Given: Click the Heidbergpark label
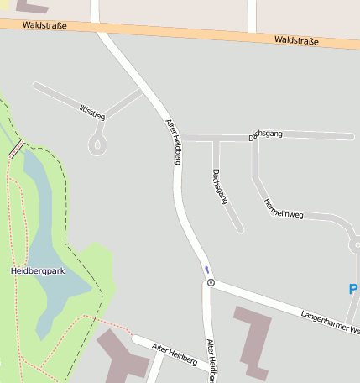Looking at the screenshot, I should (38, 270).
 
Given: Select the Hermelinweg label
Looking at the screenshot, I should (283, 208).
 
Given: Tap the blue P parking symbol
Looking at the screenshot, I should (353, 289).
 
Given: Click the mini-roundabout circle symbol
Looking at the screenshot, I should (211, 283).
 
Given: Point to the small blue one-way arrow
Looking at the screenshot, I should (206, 270).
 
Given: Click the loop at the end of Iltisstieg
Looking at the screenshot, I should (98, 146).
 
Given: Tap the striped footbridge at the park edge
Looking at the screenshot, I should (16, 150).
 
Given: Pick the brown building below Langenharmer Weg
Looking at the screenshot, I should (252, 340).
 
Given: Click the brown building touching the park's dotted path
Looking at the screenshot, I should (117, 353).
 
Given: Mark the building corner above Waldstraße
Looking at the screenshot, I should (29, 6).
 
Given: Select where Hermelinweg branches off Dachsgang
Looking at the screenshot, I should (254, 137).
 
